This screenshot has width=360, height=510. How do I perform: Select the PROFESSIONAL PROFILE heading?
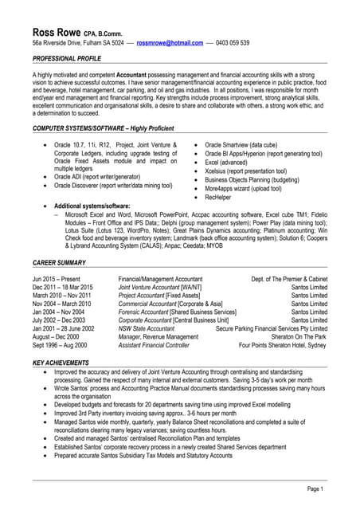[69, 60]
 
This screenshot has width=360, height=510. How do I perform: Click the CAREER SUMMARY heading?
[61, 261]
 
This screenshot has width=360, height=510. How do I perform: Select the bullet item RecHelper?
[219, 197]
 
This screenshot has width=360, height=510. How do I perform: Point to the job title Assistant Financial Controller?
[154, 347]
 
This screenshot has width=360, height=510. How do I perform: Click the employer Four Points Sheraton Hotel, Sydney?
[283, 347]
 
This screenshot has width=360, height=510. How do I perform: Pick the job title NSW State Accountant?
[146, 329]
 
